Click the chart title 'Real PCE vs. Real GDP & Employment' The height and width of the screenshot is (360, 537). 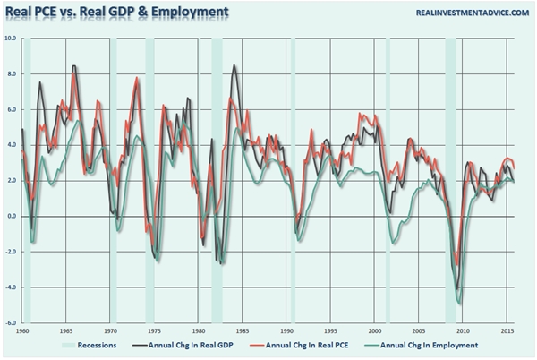[x=115, y=13]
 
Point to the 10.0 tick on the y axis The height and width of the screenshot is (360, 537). [x=11, y=39]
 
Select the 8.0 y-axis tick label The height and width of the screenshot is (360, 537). [x=11, y=74]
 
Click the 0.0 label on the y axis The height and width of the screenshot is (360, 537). [x=11, y=217]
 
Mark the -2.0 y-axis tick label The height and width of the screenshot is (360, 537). [x=11, y=253]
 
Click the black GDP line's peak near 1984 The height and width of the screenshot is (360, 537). [x=234, y=65]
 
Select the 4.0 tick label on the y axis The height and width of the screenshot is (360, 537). [x=11, y=145]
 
